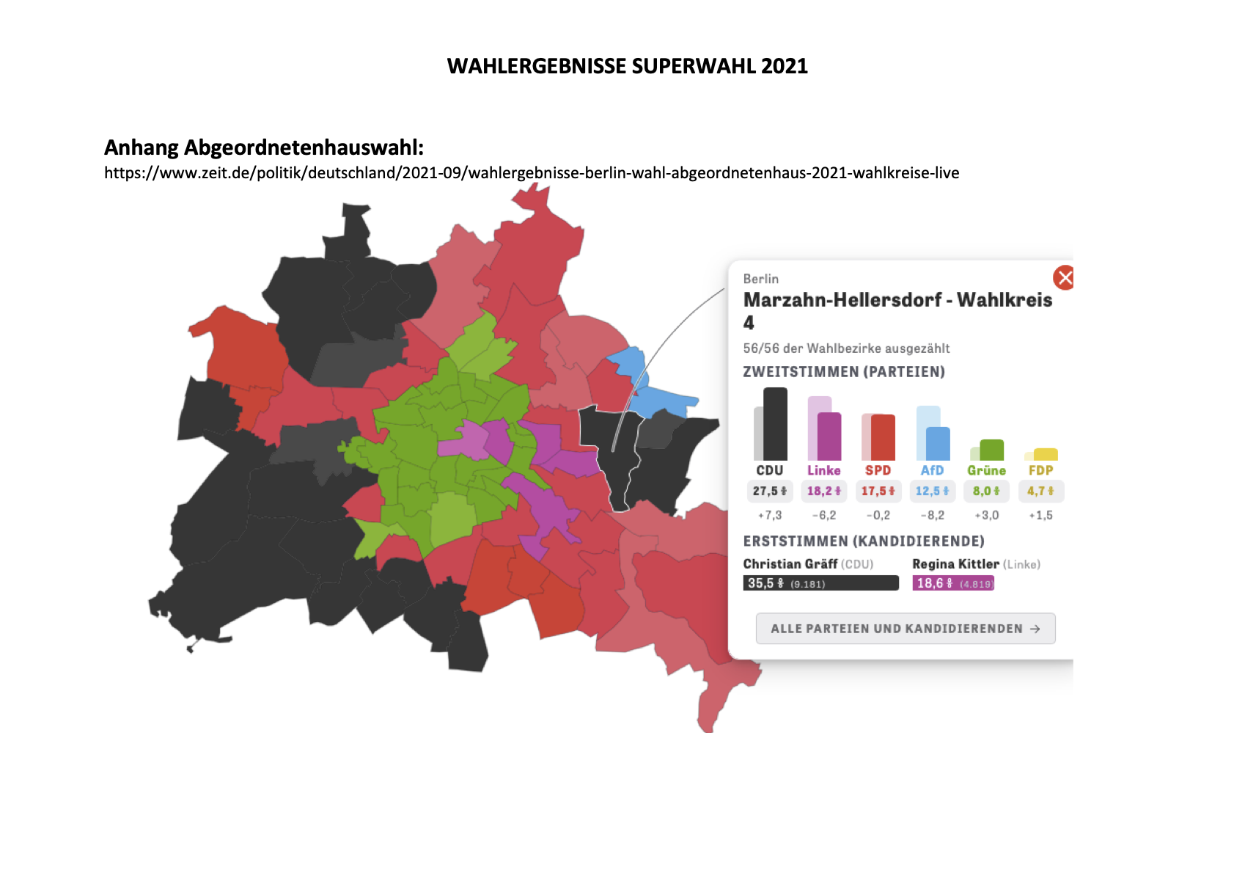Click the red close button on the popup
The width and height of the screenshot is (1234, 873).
click(x=1064, y=278)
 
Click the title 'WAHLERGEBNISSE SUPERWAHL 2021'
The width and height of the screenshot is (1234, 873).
click(x=627, y=66)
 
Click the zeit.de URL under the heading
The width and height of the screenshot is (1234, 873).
click(x=532, y=173)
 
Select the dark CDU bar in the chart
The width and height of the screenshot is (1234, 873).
click(x=775, y=424)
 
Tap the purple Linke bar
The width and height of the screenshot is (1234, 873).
click(x=829, y=436)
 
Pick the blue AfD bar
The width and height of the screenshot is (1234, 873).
click(x=938, y=443)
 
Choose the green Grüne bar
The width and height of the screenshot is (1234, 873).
click(x=991, y=449)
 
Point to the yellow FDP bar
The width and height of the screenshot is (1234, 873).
click(x=1046, y=454)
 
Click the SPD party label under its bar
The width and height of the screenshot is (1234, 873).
click(x=878, y=470)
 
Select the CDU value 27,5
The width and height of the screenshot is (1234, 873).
click(x=769, y=491)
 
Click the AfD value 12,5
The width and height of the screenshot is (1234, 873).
click(x=932, y=491)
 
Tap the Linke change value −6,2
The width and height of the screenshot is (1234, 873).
click(x=823, y=515)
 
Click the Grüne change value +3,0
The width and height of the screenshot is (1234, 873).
click(x=986, y=515)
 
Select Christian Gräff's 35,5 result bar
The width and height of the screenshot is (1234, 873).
click(x=820, y=583)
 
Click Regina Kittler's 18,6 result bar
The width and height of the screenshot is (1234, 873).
click(x=953, y=583)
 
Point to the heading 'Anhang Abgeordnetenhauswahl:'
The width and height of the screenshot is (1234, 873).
click(x=264, y=147)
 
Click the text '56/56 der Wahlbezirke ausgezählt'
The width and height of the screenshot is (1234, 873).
click(x=846, y=348)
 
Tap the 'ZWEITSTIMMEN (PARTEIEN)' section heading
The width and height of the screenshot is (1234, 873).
click(x=844, y=372)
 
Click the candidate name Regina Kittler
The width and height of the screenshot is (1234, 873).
click(x=955, y=564)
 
